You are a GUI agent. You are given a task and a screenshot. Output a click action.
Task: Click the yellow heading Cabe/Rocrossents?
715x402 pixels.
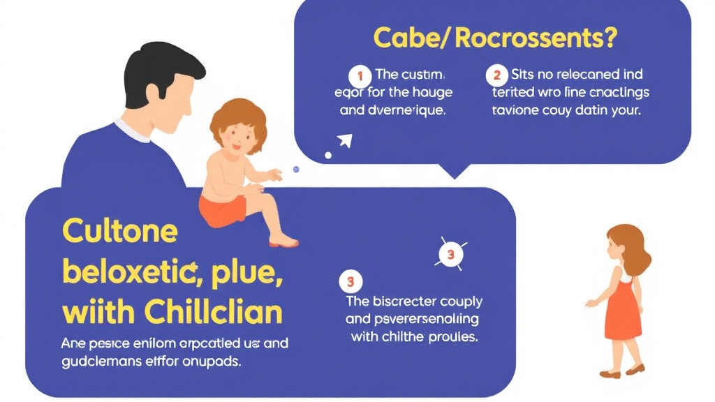point(495,38)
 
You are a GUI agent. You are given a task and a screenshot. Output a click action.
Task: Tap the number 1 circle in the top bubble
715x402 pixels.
point(360,73)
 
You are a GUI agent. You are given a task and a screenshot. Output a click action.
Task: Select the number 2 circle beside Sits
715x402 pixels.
point(497,73)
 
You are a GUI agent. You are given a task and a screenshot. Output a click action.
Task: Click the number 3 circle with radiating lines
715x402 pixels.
point(450,255)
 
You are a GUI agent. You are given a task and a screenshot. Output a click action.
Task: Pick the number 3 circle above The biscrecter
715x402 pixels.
point(351,282)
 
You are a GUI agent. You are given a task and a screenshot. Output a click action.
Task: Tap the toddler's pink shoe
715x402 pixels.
point(283,242)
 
